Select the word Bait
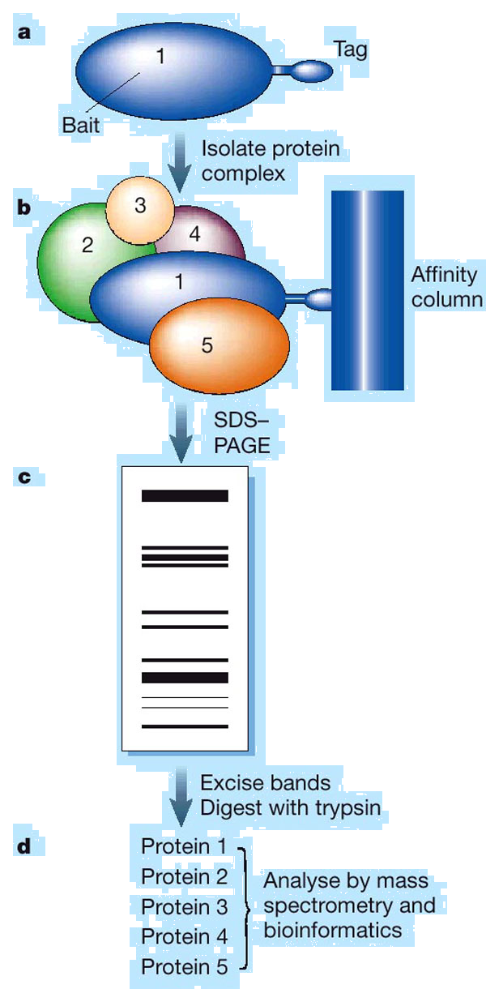coord(82,124)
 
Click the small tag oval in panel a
coord(311,71)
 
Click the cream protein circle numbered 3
coord(140,206)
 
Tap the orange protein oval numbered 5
coord(219,345)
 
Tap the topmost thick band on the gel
coord(185,496)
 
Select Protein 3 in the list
coord(184,906)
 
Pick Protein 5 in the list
coord(184,967)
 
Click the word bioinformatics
coord(333,929)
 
